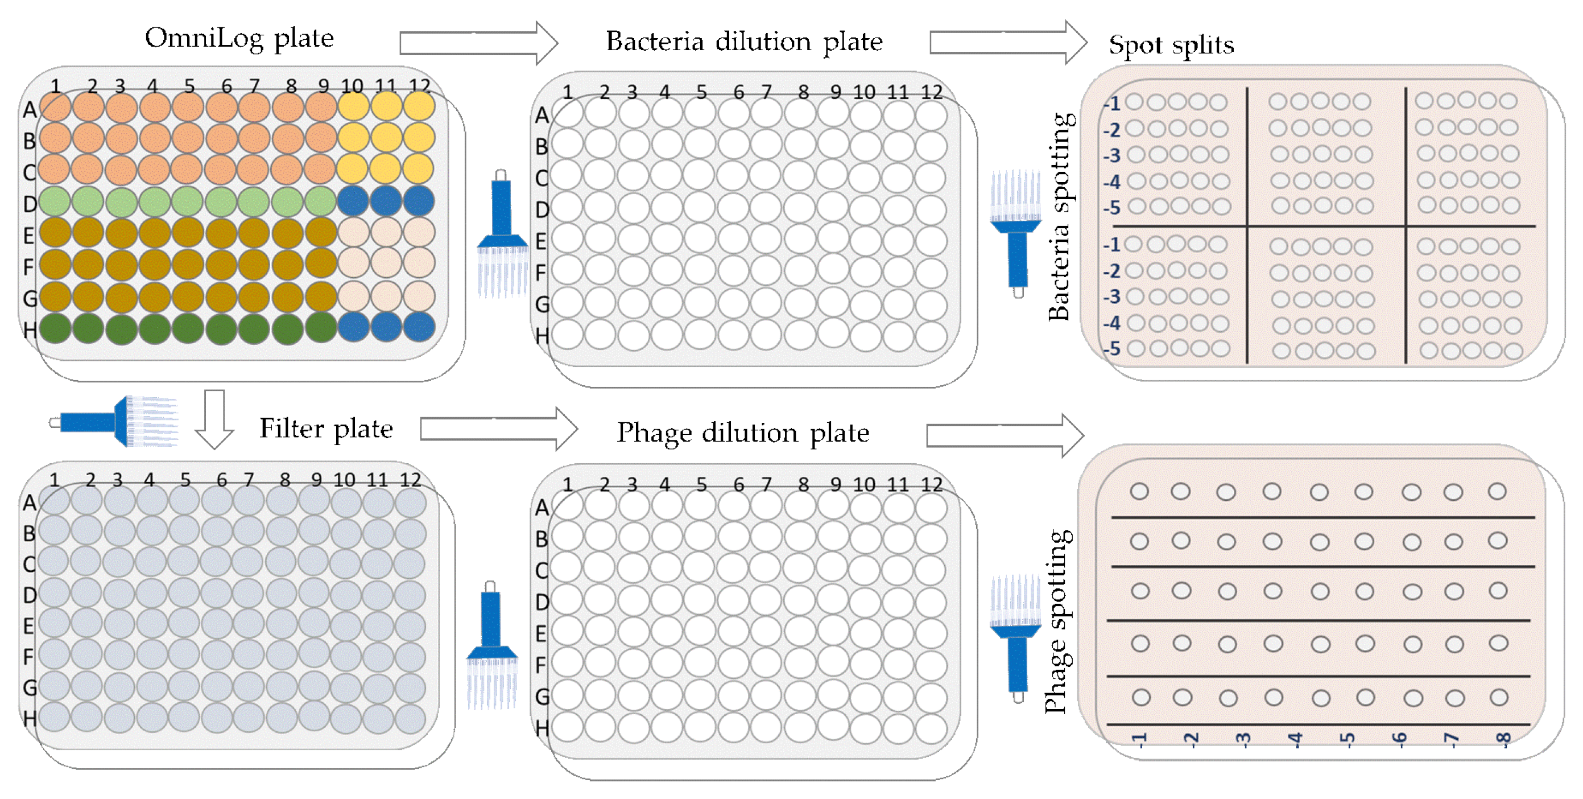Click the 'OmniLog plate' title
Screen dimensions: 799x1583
[239, 39]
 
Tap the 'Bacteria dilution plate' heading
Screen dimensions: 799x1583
[743, 42]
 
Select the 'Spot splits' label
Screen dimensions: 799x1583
[1171, 45]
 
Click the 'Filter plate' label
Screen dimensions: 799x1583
[326, 429]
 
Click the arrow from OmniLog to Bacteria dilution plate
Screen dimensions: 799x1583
[478, 43]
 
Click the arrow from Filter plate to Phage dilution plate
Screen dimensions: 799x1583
[498, 429]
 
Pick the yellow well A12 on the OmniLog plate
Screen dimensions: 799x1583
[419, 106]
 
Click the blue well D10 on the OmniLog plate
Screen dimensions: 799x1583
[353, 200]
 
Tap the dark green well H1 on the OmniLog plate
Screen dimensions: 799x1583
[55, 328]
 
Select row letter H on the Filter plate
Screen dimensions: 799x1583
[29, 718]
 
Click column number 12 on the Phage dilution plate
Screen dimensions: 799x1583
[931, 484]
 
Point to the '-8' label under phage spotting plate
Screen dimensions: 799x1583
[1504, 738]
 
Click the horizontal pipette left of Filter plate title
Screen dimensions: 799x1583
[117, 422]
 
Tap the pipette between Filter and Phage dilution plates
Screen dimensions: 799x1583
[491, 645]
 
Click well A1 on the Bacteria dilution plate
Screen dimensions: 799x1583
[567, 114]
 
